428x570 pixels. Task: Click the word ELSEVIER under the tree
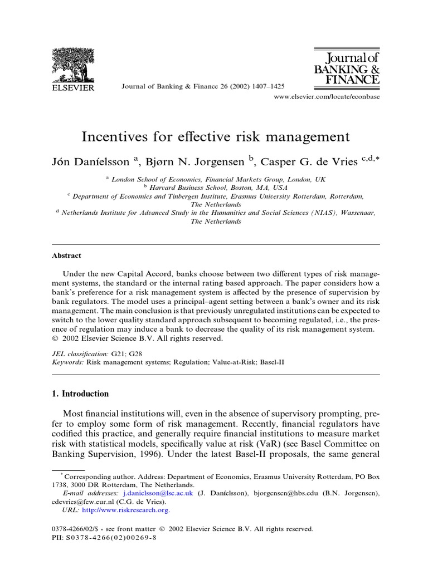73,87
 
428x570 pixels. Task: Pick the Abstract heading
66,255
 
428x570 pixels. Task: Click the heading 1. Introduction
80,394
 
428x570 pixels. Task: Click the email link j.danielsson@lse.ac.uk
158,493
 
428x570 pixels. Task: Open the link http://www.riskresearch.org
127,509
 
